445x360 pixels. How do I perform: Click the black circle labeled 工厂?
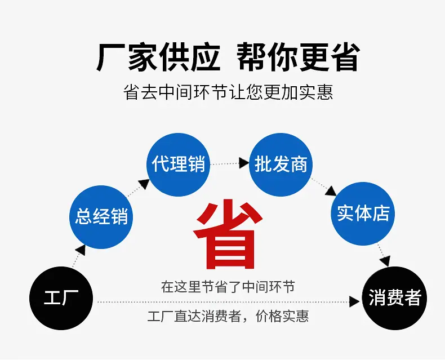click(61, 298)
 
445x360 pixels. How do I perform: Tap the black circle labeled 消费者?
click(395, 298)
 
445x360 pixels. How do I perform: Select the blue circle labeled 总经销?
click(101, 217)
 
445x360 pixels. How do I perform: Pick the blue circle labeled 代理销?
click(178, 165)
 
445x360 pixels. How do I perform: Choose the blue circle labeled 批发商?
click(281, 165)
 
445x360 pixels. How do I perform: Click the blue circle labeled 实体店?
click(363, 214)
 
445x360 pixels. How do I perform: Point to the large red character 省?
click(228, 234)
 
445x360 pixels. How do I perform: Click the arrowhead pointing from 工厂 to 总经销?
click(81, 250)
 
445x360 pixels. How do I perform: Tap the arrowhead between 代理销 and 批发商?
click(244, 163)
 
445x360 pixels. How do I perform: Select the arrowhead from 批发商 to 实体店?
click(331, 191)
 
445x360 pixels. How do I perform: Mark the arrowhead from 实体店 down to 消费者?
click(385, 261)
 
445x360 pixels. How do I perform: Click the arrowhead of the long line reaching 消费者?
click(354, 301)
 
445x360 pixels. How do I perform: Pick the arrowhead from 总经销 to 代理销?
click(144, 184)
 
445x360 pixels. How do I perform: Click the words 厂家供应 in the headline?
click(158, 57)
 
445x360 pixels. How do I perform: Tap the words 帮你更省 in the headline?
click(299, 57)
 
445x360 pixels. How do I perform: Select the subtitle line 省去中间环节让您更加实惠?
click(228, 92)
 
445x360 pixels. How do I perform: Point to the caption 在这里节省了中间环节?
click(228, 287)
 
